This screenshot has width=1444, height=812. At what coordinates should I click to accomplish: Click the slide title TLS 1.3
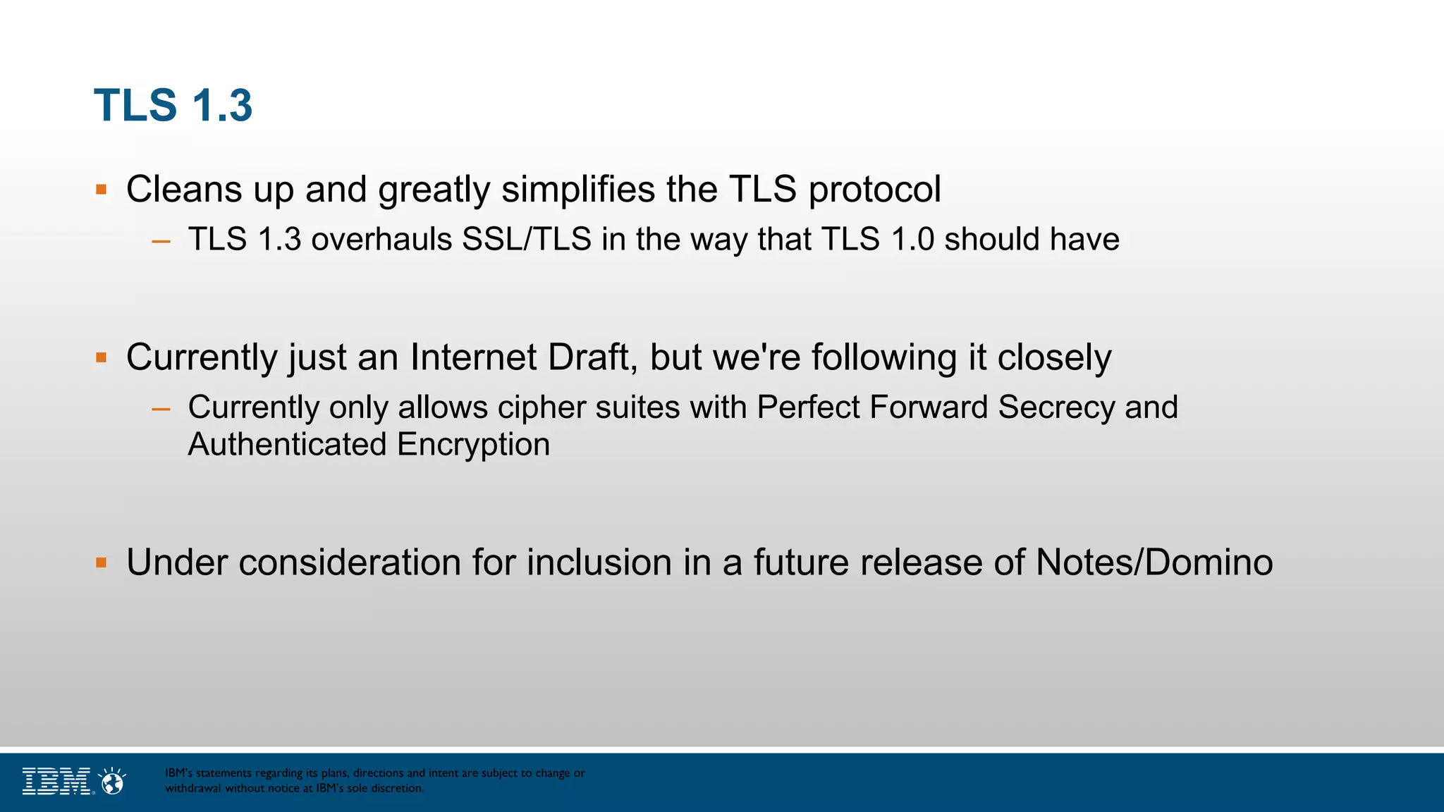[173, 106]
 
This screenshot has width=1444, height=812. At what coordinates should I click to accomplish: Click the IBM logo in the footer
[56, 781]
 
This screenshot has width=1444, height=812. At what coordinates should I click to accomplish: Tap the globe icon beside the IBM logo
[113, 781]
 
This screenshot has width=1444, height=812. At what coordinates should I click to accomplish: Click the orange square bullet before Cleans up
[102, 190]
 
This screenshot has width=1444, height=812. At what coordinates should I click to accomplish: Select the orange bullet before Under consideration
[102, 562]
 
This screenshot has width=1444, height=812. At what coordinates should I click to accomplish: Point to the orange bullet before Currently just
[102, 357]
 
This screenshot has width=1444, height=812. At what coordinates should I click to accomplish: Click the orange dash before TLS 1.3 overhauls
[161, 241]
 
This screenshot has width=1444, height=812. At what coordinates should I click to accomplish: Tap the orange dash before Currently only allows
[161, 409]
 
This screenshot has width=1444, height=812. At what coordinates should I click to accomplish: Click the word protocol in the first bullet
[874, 190]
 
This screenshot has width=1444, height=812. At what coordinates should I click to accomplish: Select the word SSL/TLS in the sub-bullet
[526, 240]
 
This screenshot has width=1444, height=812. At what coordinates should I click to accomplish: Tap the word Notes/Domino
[1154, 562]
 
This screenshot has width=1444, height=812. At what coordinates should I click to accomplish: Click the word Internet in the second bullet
[473, 357]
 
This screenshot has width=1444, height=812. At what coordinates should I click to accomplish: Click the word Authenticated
[287, 445]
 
